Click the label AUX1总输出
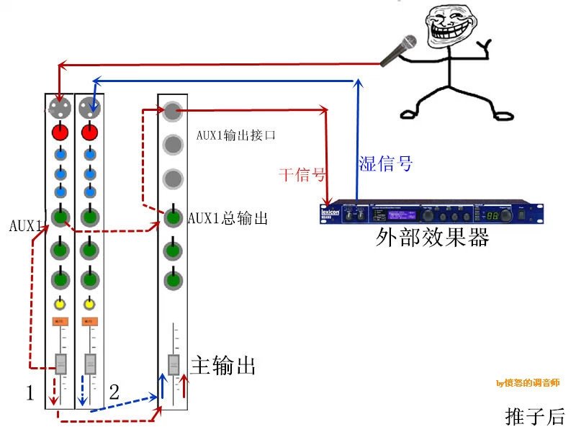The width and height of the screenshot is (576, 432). point(228,217)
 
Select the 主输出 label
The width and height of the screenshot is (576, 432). point(223,366)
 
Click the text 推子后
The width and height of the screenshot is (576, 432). point(535,416)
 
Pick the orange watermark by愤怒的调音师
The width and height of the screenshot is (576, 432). point(528,383)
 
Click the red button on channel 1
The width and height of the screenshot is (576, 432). point(60,132)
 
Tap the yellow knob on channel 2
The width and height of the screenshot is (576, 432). point(89,303)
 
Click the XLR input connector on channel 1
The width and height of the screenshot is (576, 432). point(60,109)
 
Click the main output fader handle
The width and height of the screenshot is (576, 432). point(173,365)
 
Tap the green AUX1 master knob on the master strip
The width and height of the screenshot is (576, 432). point(172,216)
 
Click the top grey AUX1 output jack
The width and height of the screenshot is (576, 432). point(171,111)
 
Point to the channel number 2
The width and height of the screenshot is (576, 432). point(114,392)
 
